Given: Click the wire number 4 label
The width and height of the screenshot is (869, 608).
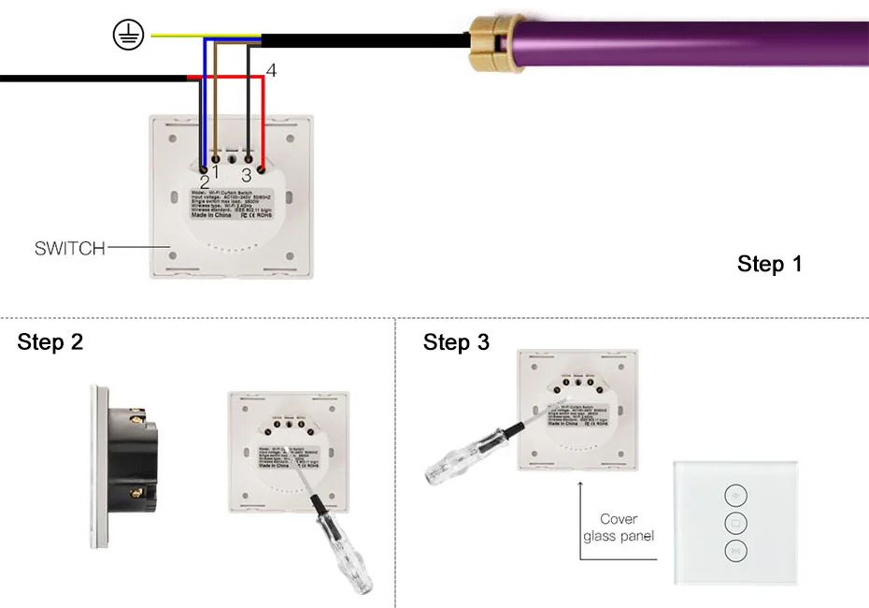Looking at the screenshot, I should point(271,71).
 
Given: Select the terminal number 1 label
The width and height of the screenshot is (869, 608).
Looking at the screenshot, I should point(216,172).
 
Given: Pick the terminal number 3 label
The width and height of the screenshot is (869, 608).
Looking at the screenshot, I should point(247,175).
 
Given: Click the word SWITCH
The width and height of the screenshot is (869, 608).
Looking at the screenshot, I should point(68,249).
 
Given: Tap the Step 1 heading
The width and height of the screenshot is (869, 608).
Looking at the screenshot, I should point(769,264).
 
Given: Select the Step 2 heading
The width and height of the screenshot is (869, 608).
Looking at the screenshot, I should point(50,342).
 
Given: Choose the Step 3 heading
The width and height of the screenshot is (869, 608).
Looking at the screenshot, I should point(456,342).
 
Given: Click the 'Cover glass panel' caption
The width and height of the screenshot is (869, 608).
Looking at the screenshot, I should point(619,528).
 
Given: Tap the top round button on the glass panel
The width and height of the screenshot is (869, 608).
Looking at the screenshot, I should point(735,496).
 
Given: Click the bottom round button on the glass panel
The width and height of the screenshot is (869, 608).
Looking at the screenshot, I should point(735,553).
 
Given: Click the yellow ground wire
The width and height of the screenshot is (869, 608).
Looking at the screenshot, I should point(178,36).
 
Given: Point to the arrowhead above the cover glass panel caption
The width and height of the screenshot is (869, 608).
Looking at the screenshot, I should point(579,485).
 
